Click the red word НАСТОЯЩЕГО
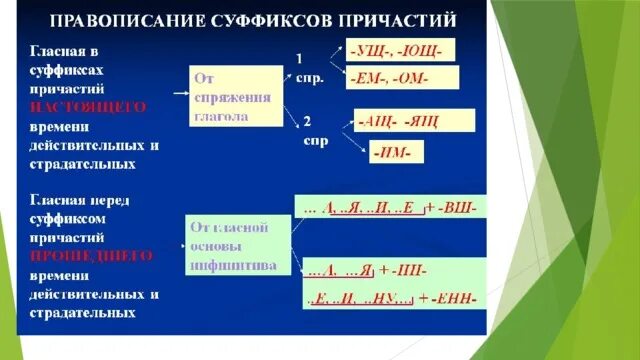click(x=88, y=105)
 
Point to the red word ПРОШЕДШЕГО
click(x=90, y=256)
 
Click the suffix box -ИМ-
click(x=397, y=153)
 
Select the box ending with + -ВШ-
click(x=391, y=206)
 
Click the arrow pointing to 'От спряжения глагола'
click(x=180, y=93)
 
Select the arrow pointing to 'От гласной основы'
click(x=175, y=242)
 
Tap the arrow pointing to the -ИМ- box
click(x=356, y=143)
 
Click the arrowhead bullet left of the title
click(x=28, y=20)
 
